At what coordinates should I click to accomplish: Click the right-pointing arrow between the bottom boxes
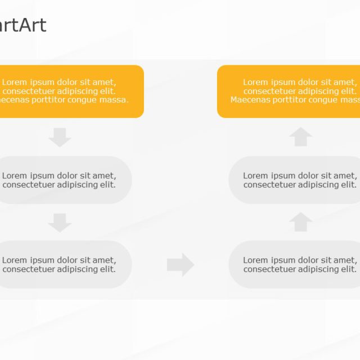pos(181,264)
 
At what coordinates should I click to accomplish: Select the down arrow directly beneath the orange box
pos(60,137)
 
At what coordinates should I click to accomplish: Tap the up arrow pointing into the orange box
pos(300,137)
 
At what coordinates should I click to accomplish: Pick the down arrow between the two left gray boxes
pos(60,222)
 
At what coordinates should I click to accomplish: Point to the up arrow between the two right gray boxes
pos(300,222)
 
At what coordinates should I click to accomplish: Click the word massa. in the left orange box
pos(114,100)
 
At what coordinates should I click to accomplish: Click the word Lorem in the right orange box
pos(255,82)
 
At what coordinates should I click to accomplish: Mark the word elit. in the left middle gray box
pos(105,184)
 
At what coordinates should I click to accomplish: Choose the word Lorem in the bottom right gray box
pos(255,260)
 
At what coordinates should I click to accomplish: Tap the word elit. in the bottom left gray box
pos(105,269)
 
